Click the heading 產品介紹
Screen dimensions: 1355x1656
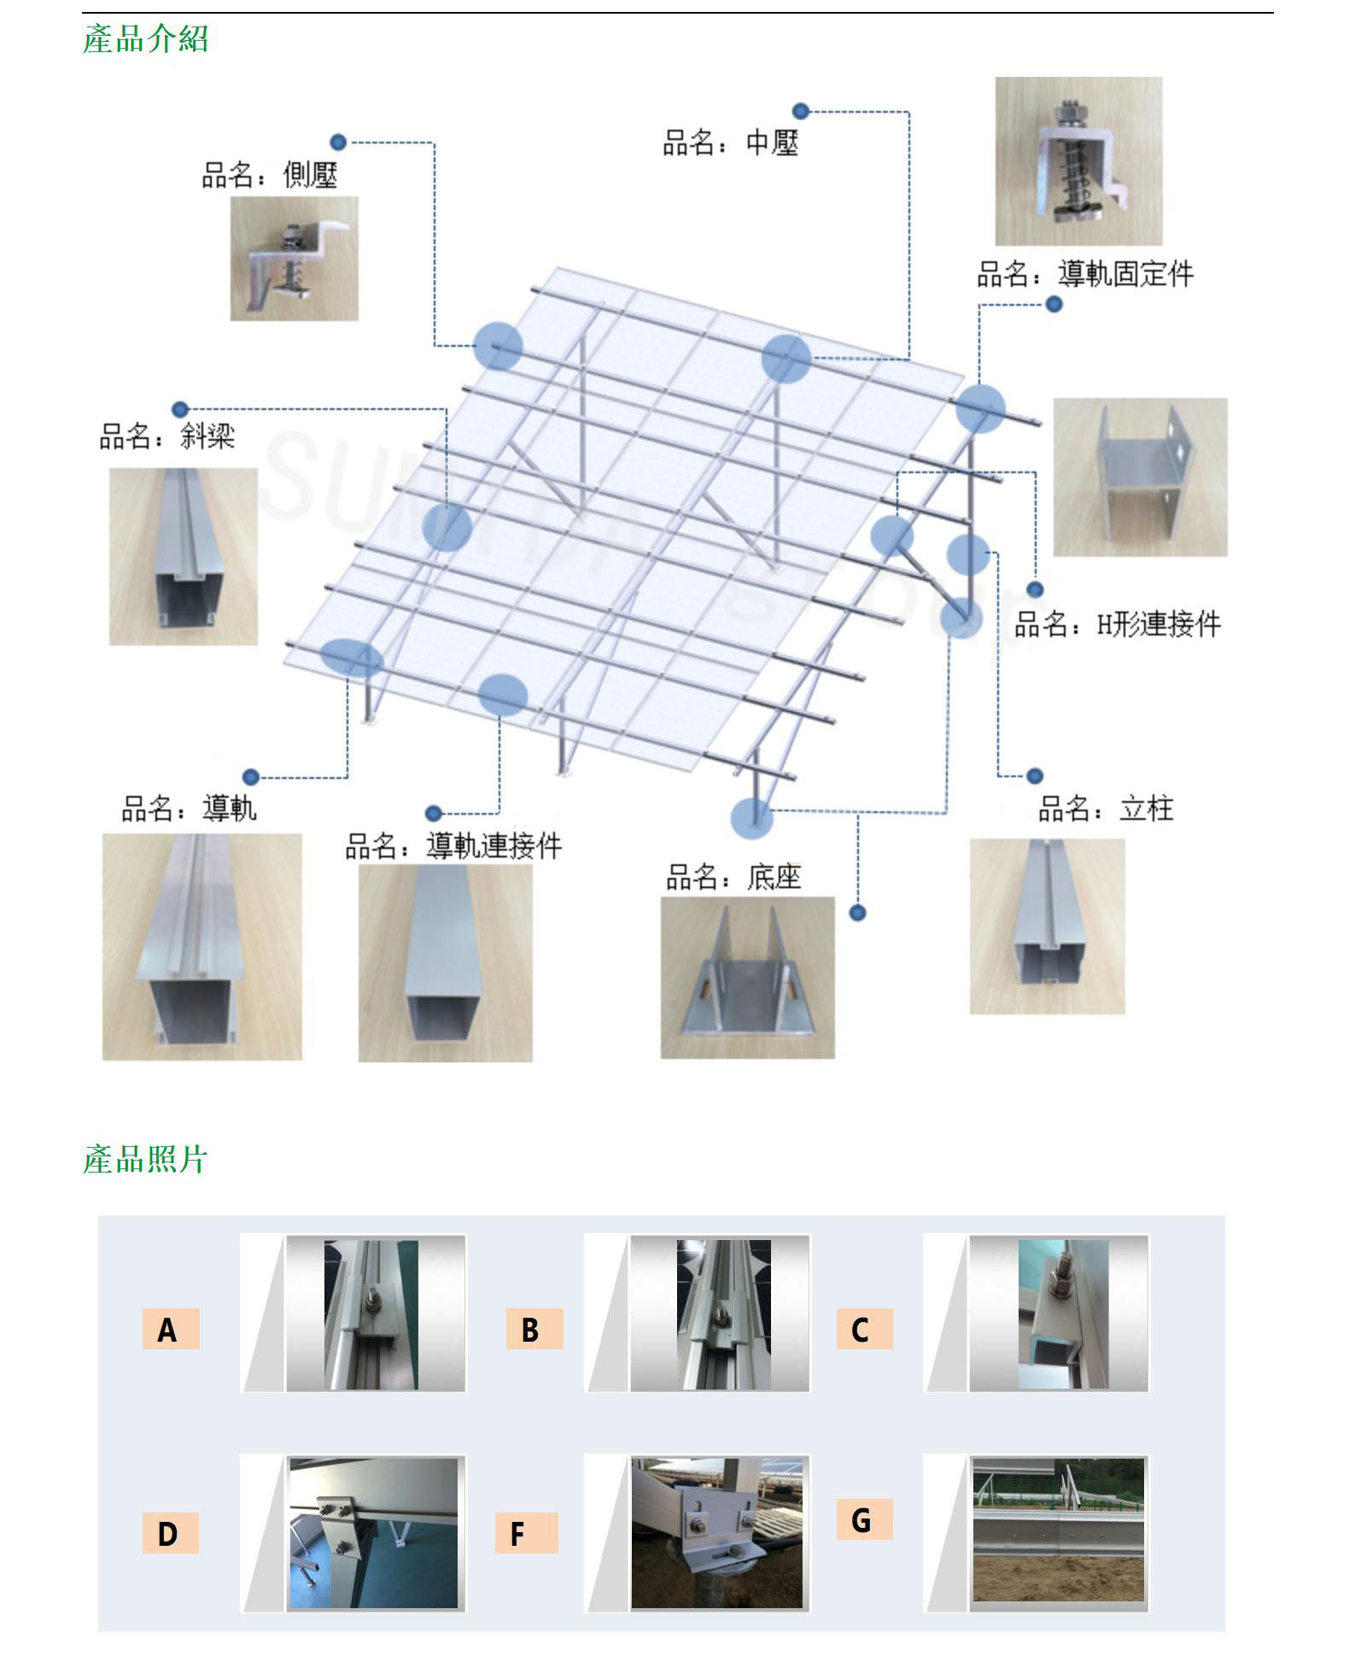click(145, 39)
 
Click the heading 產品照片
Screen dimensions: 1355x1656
click(145, 1159)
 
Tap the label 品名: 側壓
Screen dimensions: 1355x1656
click(269, 175)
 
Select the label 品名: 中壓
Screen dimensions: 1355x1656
click(731, 142)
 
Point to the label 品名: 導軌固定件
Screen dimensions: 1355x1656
click(1085, 274)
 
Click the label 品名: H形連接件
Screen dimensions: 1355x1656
click(1118, 624)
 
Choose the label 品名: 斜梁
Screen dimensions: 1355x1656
click(167, 436)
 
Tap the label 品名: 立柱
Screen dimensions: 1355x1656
click(1106, 808)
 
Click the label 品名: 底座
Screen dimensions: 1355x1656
click(733, 876)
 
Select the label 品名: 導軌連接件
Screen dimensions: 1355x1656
click(453, 846)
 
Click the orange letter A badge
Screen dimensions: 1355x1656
click(171, 1329)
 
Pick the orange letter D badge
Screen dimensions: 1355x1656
click(171, 1533)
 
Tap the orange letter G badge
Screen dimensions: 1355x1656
click(864, 1519)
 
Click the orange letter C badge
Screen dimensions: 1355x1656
click(864, 1329)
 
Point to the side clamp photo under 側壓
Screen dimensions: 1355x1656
click(295, 259)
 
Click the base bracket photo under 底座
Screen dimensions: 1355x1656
click(748, 978)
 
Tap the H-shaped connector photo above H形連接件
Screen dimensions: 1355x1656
click(1141, 477)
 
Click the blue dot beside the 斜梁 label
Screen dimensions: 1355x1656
click(179, 409)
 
